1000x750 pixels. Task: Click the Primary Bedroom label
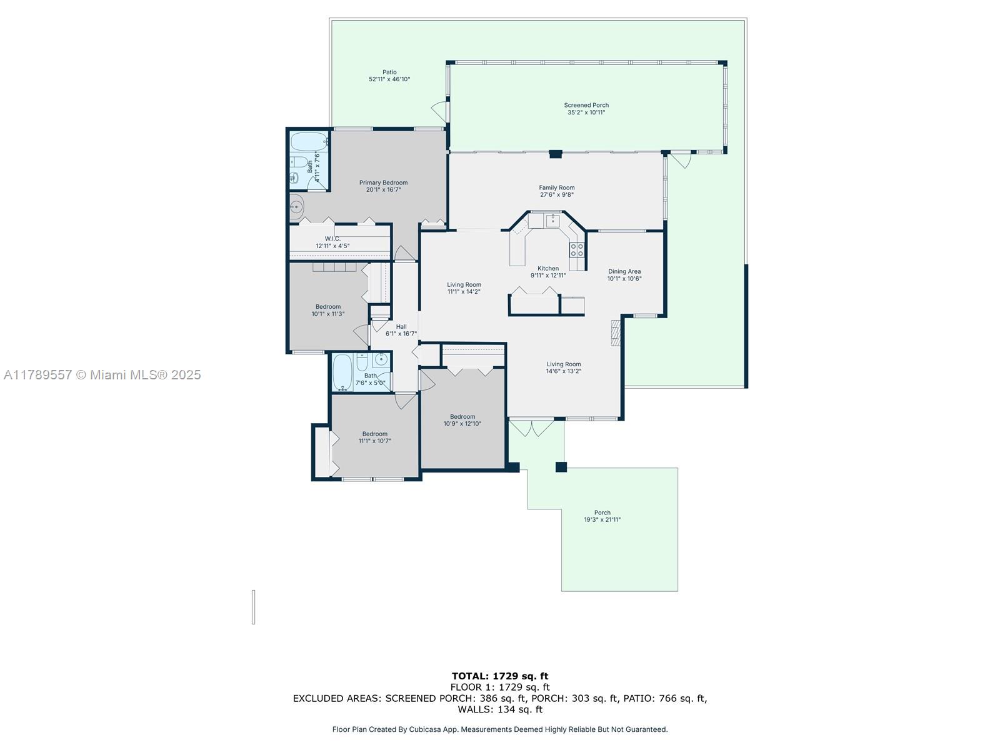(x=383, y=182)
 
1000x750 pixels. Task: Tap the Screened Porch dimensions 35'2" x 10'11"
(x=586, y=112)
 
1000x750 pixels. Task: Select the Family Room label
(x=556, y=187)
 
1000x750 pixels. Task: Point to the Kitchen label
(x=547, y=269)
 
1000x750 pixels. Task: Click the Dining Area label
(x=624, y=271)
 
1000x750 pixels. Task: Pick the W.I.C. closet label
(x=332, y=239)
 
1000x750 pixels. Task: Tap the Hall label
(x=401, y=326)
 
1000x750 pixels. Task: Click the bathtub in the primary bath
(x=309, y=142)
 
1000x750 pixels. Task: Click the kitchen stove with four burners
(x=577, y=249)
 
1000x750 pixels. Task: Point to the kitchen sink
(x=552, y=221)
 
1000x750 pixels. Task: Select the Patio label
(x=389, y=72)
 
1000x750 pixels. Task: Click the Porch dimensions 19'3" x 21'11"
(x=602, y=519)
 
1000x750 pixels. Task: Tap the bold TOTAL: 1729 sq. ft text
(x=500, y=676)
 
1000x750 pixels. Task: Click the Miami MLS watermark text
(x=102, y=375)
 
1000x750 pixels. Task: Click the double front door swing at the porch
(x=531, y=429)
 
